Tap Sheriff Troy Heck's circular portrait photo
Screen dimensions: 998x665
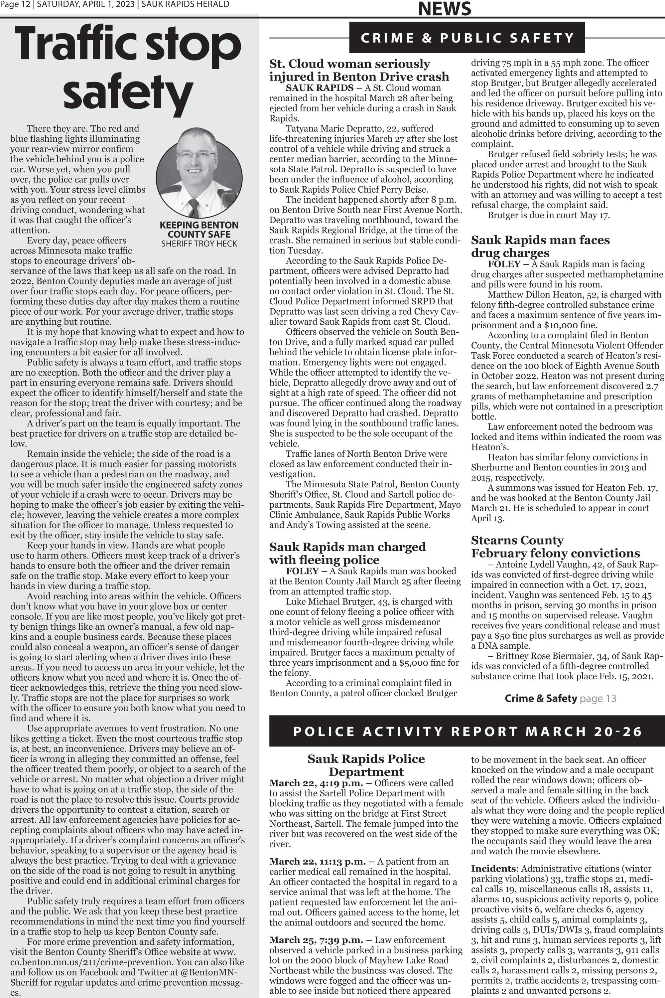click(x=199, y=173)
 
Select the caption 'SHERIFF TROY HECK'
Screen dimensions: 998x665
click(x=199, y=244)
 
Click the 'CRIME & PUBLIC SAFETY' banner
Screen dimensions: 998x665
click(x=467, y=38)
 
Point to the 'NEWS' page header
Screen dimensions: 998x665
click(x=445, y=9)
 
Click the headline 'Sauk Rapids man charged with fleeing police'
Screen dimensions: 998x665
click(x=347, y=553)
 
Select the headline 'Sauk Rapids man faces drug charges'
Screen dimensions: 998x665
click(x=540, y=247)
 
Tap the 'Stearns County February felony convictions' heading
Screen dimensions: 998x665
click(x=555, y=547)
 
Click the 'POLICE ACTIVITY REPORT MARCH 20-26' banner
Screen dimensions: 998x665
click(x=467, y=732)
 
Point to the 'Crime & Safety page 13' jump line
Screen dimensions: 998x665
click(x=560, y=698)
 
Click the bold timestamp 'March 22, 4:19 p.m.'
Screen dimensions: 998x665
click(x=316, y=783)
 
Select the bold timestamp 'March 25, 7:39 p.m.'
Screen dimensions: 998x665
click(x=316, y=940)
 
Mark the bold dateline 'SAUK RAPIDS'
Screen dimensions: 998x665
click(x=319, y=88)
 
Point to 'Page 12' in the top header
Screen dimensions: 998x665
click(x=16, y=5)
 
